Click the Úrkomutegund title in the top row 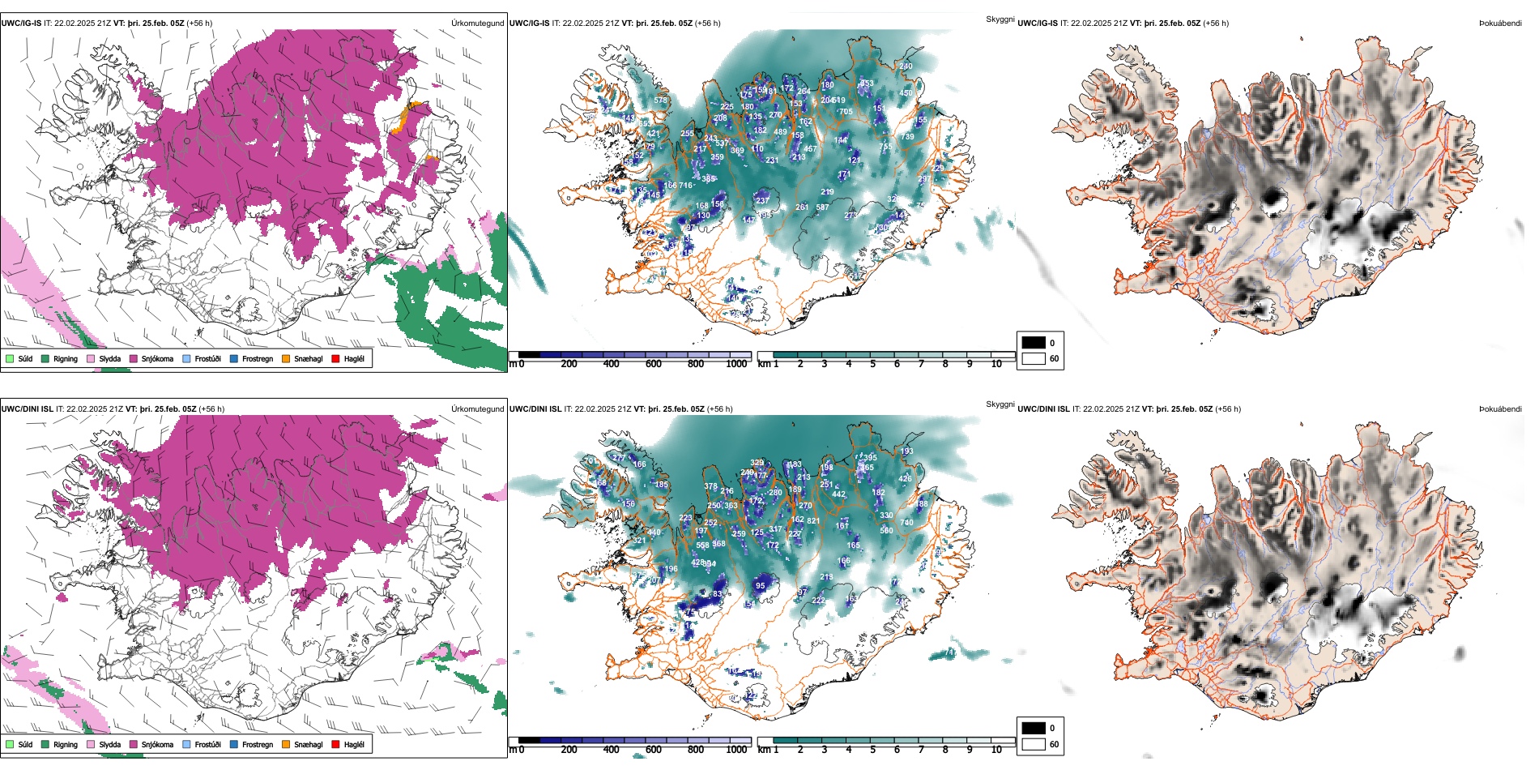[477, 24]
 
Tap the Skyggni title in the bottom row [1000, 404]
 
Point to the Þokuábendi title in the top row [1499, 24]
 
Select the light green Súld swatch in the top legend [10, 358]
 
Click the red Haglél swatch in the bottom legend [335, 744]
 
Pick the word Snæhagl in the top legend [308, 358]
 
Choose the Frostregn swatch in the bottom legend [234, 744]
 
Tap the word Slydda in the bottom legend [110, 744]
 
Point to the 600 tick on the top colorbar [653, 364]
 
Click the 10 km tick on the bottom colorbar [996, 750]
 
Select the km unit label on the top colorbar [763, 364]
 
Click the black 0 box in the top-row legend [1033, 343]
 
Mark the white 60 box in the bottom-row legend [1033, 744]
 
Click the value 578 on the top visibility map [661, 101]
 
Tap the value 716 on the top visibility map [685, 186]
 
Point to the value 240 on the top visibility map [906, 66]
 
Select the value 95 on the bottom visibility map [760, 585]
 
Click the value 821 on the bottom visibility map [813, 521]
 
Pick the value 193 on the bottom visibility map [906, 451]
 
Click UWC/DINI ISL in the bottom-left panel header [27, 409]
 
